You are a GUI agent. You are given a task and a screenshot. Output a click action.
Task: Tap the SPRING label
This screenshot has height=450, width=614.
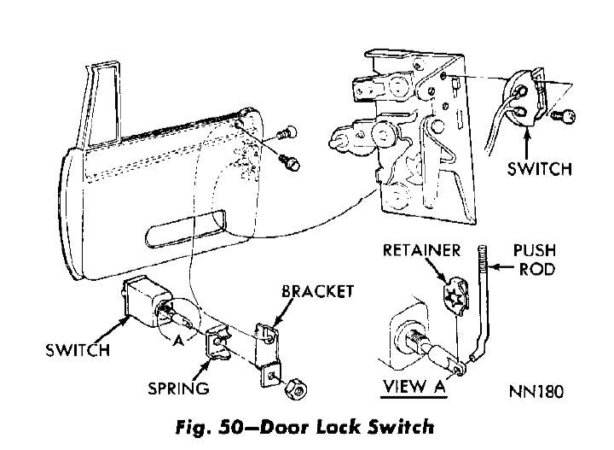(x=177, y=389)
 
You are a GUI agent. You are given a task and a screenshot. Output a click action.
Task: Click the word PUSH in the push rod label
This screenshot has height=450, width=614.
(x=535, y=251)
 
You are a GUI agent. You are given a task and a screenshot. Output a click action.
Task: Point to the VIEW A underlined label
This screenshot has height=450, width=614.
(x=415, y=387)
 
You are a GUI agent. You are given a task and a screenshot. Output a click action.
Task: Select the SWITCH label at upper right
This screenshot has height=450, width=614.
(x=540, y=168)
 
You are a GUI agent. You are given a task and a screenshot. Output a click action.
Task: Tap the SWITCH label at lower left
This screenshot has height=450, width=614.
(x=78, y=350)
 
